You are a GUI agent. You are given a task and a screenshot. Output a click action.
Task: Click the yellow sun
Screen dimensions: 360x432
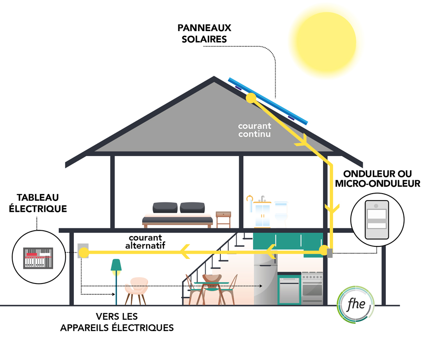click(324, 41)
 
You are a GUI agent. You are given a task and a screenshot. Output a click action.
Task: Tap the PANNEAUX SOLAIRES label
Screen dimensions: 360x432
click(204, 33)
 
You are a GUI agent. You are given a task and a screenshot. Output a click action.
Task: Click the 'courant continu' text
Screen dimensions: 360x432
click(255, 130)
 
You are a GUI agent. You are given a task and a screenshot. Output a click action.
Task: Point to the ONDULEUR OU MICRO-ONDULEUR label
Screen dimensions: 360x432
click(381, 178)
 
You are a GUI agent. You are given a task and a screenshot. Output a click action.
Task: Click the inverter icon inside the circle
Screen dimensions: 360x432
click(377, 220)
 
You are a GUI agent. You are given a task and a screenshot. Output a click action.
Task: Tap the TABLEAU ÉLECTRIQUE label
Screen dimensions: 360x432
click(42, 203)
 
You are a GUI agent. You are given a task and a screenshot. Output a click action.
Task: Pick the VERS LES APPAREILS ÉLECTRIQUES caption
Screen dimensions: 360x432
click(117, 322)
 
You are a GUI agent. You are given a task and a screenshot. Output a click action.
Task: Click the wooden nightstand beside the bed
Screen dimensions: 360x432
click(223, 219)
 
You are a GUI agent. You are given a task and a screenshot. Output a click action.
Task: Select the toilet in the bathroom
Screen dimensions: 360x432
click(281, 213)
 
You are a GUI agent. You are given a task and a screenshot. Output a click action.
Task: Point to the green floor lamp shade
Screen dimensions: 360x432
click(116, 264)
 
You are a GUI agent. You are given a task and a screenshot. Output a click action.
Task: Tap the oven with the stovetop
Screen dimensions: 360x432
click(312, 288)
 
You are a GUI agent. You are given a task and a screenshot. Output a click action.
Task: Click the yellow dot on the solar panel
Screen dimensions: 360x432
click(250, 99)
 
